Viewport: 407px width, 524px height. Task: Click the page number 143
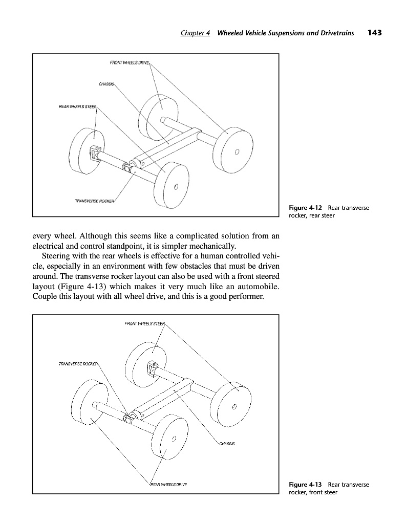click(375, 33)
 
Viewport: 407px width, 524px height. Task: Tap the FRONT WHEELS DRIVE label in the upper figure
click(129, 63)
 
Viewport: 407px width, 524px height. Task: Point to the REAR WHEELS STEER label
click(77, 106)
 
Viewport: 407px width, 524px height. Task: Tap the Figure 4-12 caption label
click(305, 208)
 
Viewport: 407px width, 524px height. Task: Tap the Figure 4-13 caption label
click(306, 484)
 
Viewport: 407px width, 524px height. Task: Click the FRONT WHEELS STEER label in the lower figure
click(145, 323)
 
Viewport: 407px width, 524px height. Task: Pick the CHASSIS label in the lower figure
click(226, 444)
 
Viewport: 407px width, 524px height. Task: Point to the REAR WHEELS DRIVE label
click(168, 484)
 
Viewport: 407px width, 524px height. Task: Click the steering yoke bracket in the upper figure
click(95, 152)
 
